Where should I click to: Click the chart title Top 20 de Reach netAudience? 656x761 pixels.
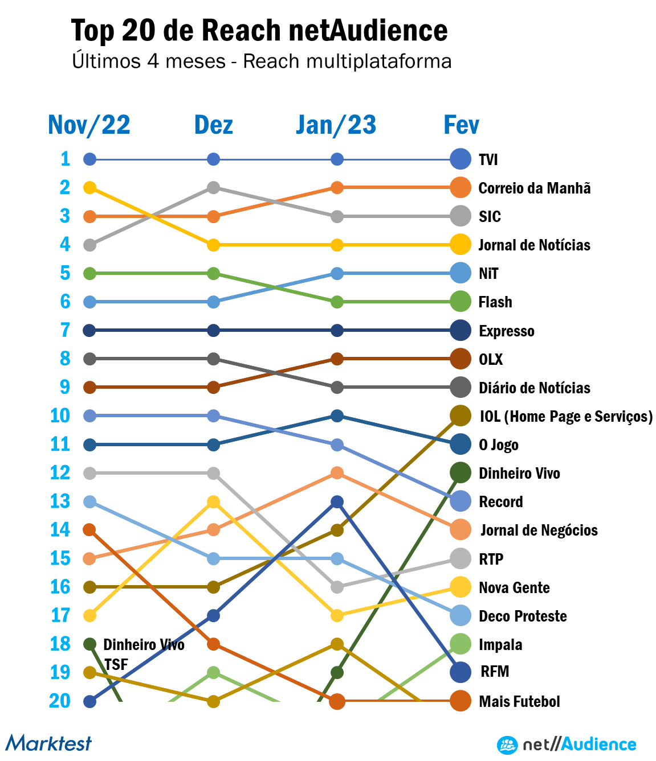[259, 31]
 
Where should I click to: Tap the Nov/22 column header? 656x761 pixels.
[89, 125]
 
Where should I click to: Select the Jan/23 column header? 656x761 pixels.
[336, 125]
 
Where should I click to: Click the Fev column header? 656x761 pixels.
[461, 125]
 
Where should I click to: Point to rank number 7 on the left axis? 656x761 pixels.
[65, 330]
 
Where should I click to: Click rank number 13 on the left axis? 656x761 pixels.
[60, 501]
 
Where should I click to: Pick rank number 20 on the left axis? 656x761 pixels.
[60, 701]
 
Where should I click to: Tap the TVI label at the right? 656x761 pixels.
[488, 159]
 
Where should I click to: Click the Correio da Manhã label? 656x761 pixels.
[534, 188]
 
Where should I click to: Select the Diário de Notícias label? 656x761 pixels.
[534, 388]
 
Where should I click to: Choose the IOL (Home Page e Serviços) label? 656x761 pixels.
[565, 416]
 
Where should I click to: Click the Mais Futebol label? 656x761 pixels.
[519, 701]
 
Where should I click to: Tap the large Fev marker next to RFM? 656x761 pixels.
[461, 672]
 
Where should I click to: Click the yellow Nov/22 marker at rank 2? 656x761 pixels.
[89, 187]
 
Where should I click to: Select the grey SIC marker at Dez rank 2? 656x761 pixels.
[213, 187]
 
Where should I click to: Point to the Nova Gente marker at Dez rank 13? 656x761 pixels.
[213, 501]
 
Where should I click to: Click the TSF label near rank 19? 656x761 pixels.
[116, 664]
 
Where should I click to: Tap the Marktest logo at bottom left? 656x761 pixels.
[49, 743]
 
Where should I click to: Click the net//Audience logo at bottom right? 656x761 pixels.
[567, 744]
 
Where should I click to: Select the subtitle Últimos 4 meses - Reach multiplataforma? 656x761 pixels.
[262, 61]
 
